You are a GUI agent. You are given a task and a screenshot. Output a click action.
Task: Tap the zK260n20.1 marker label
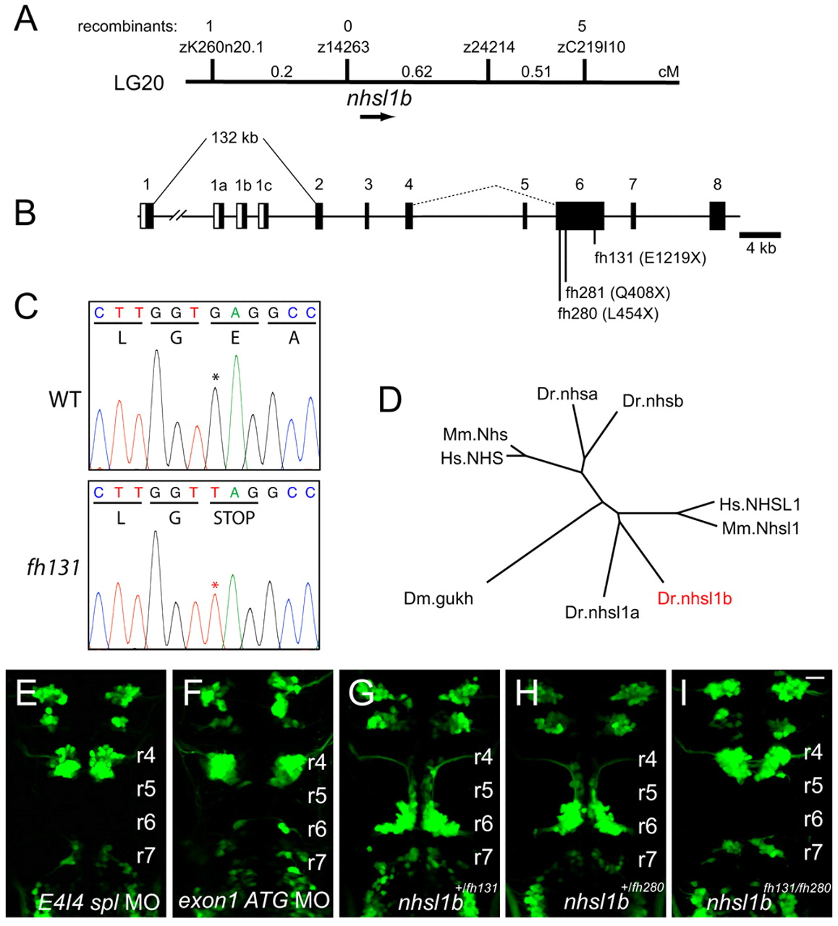pos(221,48)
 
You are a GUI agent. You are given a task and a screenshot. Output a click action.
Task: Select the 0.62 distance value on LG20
pos(417,72)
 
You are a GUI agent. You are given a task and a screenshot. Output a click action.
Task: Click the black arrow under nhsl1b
pos(378,116)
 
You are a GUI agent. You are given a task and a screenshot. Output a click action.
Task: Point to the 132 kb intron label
pos(234,137)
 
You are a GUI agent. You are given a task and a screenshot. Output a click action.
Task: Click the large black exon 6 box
pos(580,216)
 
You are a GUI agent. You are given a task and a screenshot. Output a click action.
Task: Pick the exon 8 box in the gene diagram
pos(717,216)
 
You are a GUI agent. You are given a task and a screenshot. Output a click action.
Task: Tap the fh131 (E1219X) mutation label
pos(651,257)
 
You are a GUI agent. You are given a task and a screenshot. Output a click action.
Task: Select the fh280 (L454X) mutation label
pos(608,313)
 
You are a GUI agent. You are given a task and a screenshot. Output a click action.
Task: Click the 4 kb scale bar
pos(760,234)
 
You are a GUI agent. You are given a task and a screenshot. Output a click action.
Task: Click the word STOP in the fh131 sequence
pos(234,519)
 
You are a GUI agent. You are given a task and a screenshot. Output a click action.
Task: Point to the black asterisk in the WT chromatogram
pos(215,378)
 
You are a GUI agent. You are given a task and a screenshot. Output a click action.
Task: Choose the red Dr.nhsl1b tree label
pos(695,598)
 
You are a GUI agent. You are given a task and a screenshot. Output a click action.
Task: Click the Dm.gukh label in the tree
pos(439,598)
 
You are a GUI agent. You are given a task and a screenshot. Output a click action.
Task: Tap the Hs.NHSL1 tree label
pos(760,504)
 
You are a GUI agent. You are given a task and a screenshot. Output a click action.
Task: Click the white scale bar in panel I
pos(814,678)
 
